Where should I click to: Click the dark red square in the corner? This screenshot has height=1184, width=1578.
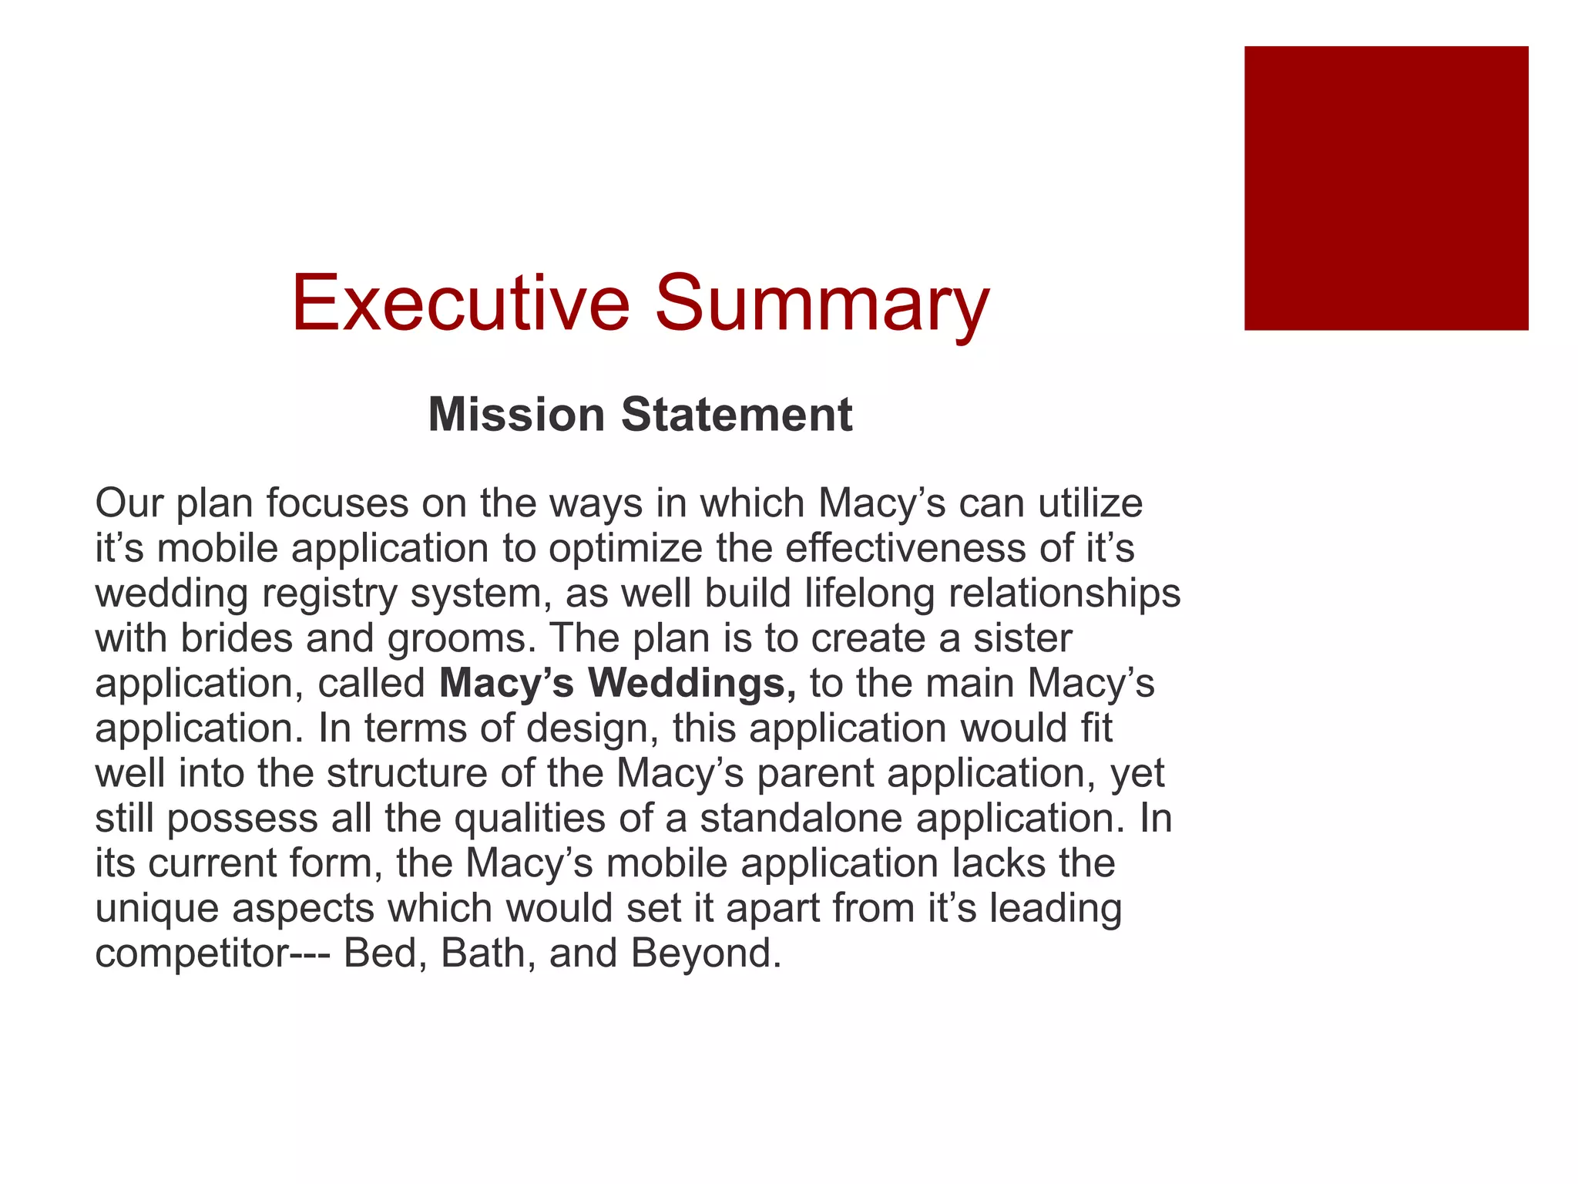(1385, 188)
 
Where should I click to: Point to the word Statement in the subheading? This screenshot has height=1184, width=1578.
(737, 415)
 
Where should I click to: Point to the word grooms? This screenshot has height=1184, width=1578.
(460, 638)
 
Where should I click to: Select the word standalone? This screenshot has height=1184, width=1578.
(801, 818)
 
